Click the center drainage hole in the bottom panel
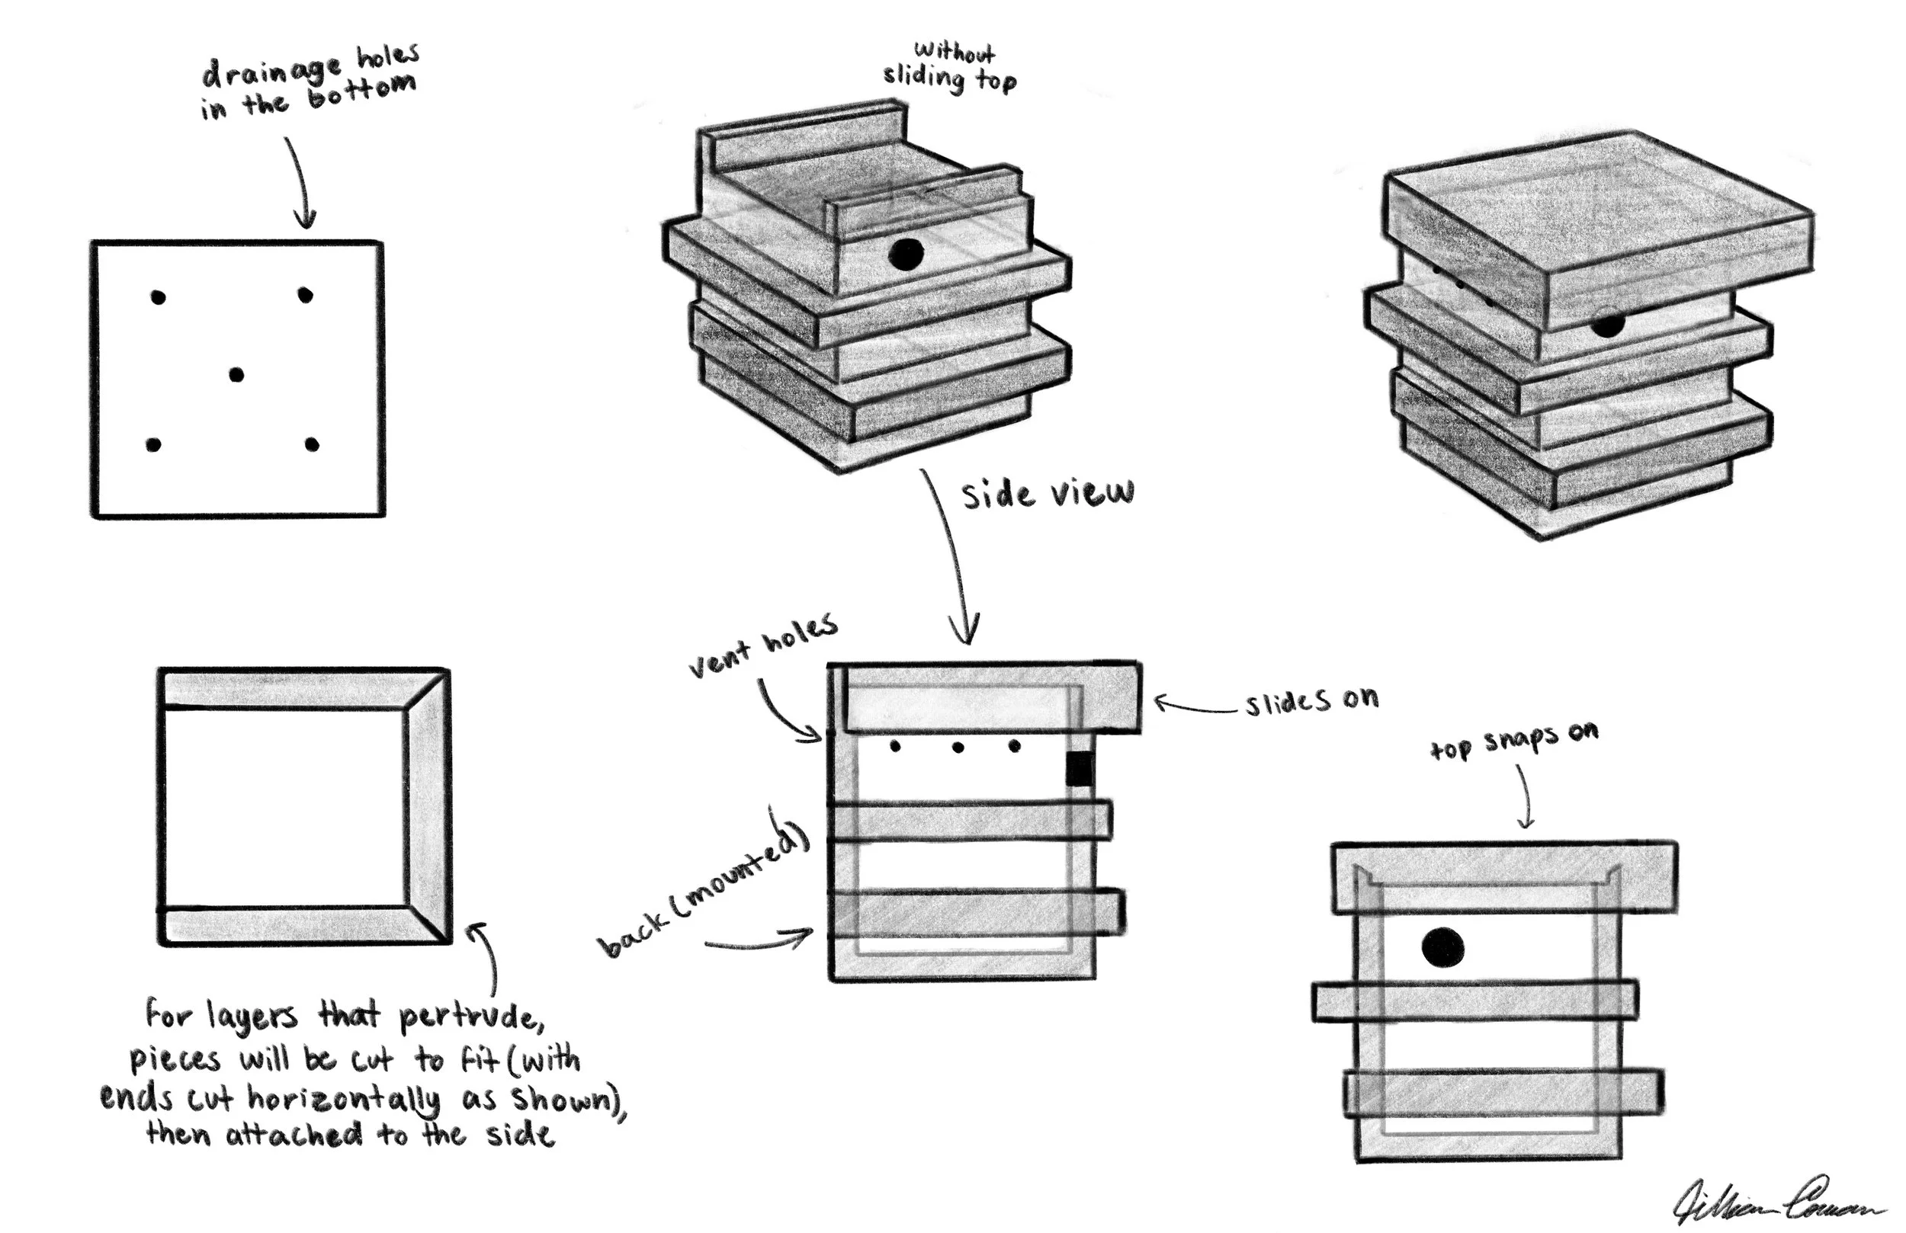(x=236, y=374)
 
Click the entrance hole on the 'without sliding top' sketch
(x=906, y=255)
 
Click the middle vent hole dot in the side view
(x=958, y=748)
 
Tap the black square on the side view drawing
(x=1079, y=768)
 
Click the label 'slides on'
(x=1311, y=700)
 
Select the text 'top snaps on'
(x=1513, y=740)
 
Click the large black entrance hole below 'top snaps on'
(x=1442, y=948)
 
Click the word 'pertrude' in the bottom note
(x=471, y=1017)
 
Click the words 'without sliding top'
(x=951, y=68)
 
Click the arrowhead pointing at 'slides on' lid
(x=1160, y=702)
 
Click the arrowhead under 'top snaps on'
(x=1526, y=822)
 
